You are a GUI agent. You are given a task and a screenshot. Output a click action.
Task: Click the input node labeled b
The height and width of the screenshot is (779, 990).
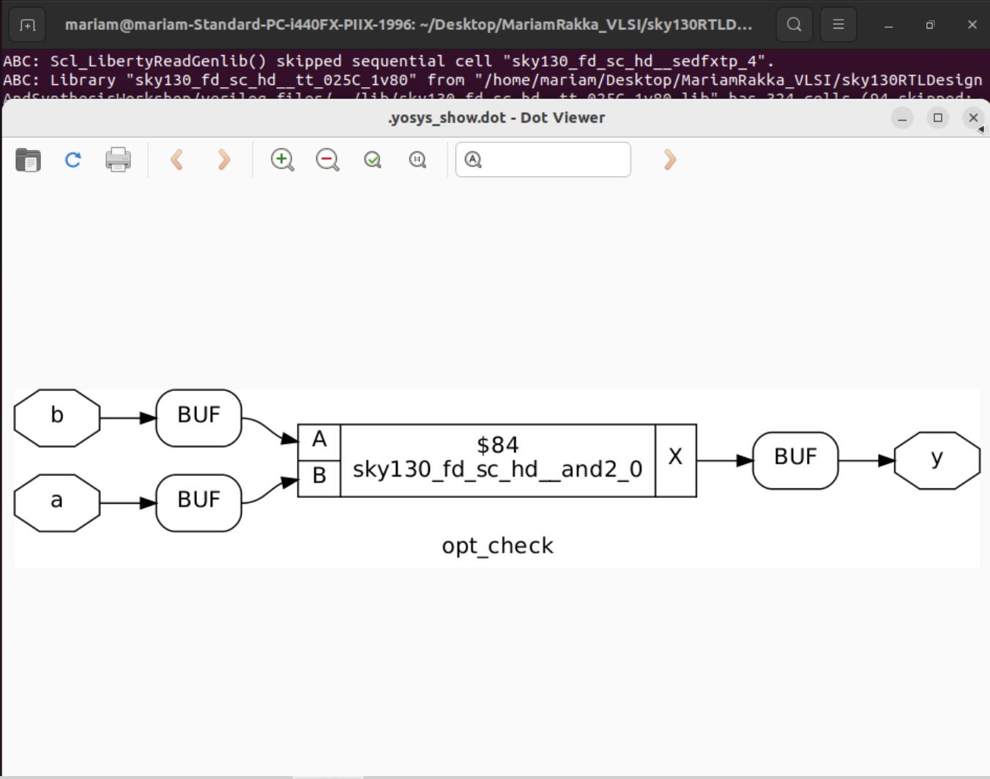point(57,418)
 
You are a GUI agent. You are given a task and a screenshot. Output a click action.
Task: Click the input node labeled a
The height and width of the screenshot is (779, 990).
point(57,503)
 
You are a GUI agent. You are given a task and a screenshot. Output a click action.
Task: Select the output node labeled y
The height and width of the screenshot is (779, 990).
point(937,461)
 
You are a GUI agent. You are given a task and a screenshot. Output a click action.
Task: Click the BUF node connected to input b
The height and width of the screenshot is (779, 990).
point(198,418)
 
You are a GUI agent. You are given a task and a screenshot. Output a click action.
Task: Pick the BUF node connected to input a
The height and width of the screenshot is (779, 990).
point(198,503)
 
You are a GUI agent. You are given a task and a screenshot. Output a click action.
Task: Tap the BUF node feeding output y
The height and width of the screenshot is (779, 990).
point(795,461)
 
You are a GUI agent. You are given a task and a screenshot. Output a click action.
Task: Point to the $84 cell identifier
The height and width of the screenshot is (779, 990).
point(497,445)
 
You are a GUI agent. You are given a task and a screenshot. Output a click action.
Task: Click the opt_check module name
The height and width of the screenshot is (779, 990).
point(497,546)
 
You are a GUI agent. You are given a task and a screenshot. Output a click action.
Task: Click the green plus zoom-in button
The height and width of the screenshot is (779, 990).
point(282,160)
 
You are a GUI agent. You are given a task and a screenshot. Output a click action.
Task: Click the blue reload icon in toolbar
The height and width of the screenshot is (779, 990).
point(73,160)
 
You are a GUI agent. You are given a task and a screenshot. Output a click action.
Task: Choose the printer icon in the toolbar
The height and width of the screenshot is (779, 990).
point(118,160)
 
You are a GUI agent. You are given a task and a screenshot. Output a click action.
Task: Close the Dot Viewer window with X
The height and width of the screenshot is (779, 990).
point(973,118)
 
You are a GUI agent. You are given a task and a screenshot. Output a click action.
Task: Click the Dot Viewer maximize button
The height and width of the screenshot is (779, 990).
point(937,118)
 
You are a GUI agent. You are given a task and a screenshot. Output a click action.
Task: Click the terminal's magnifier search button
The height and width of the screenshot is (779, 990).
point(794,25)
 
